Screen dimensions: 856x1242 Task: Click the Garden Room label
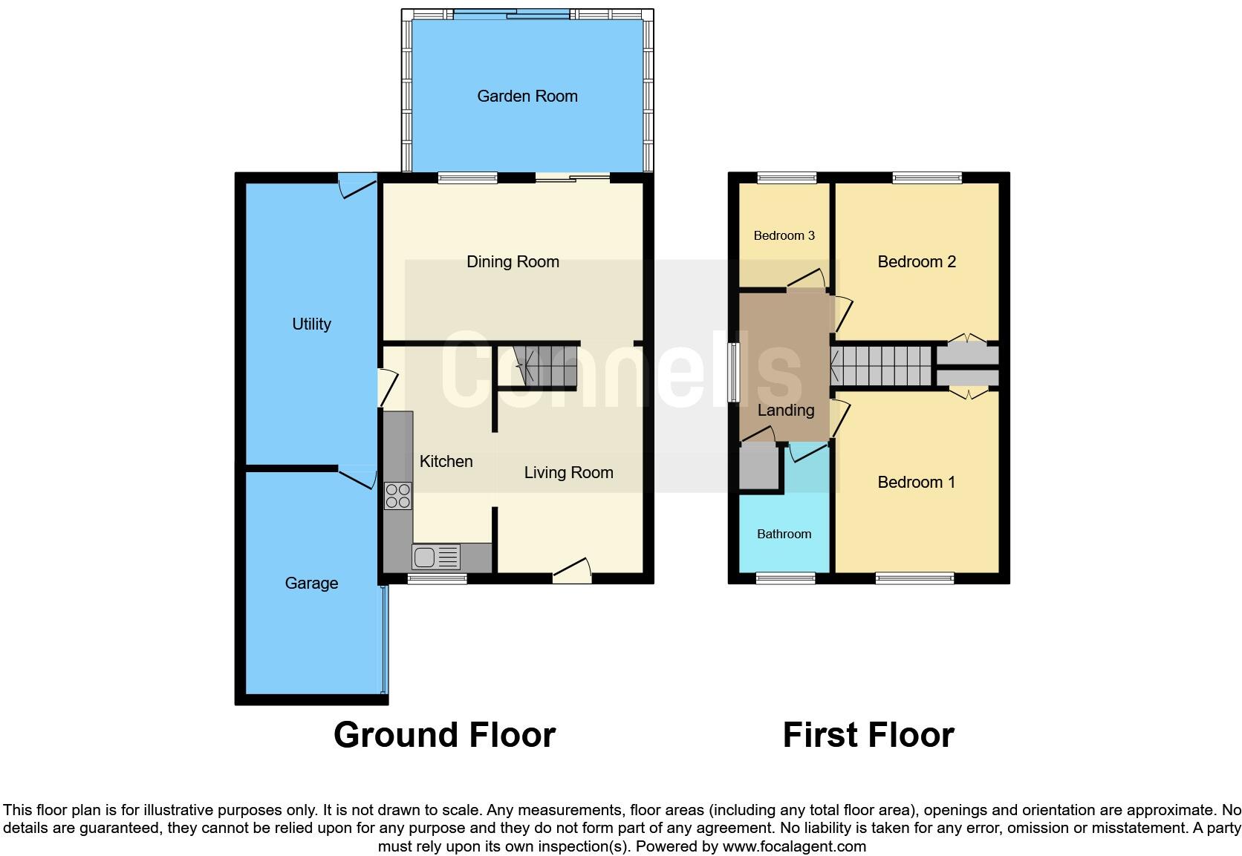pyautogui.click(x=527, y=96)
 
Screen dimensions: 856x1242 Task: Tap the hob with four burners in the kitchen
pyautogui.click(x=398, y=495)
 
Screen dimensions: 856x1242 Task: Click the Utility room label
pyautogui.click(x=311, y=324)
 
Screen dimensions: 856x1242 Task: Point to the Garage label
pyautogui.click(x=311, y=584)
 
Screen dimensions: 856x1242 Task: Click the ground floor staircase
pyautogui.click(x=547, y=365)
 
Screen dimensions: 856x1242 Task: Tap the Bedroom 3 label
pyautogui.click(x=784, y=235)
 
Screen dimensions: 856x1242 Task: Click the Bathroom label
pyautogui.click(x=784, y=534)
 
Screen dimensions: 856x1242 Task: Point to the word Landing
pyautogui.click(x=786, y=410)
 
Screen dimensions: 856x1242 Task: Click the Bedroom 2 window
pyautogui.click(x=926, y=177)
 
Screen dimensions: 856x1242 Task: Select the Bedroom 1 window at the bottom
pyautogui.click(x=914, y=578)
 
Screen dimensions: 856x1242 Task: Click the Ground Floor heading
pyautogui.click(x=444, y=735)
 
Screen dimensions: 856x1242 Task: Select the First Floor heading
pyautogui.click(x=868, y=735)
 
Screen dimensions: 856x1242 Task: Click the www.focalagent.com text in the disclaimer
pyautogui.click(x=793, y=846)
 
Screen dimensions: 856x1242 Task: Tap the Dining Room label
pyautogui.click(x=513, y=261)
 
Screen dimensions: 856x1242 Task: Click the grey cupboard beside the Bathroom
pyautogui.click(x=758, y=468)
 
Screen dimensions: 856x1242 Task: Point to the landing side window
pyautogui.click(x=733, y=373)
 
